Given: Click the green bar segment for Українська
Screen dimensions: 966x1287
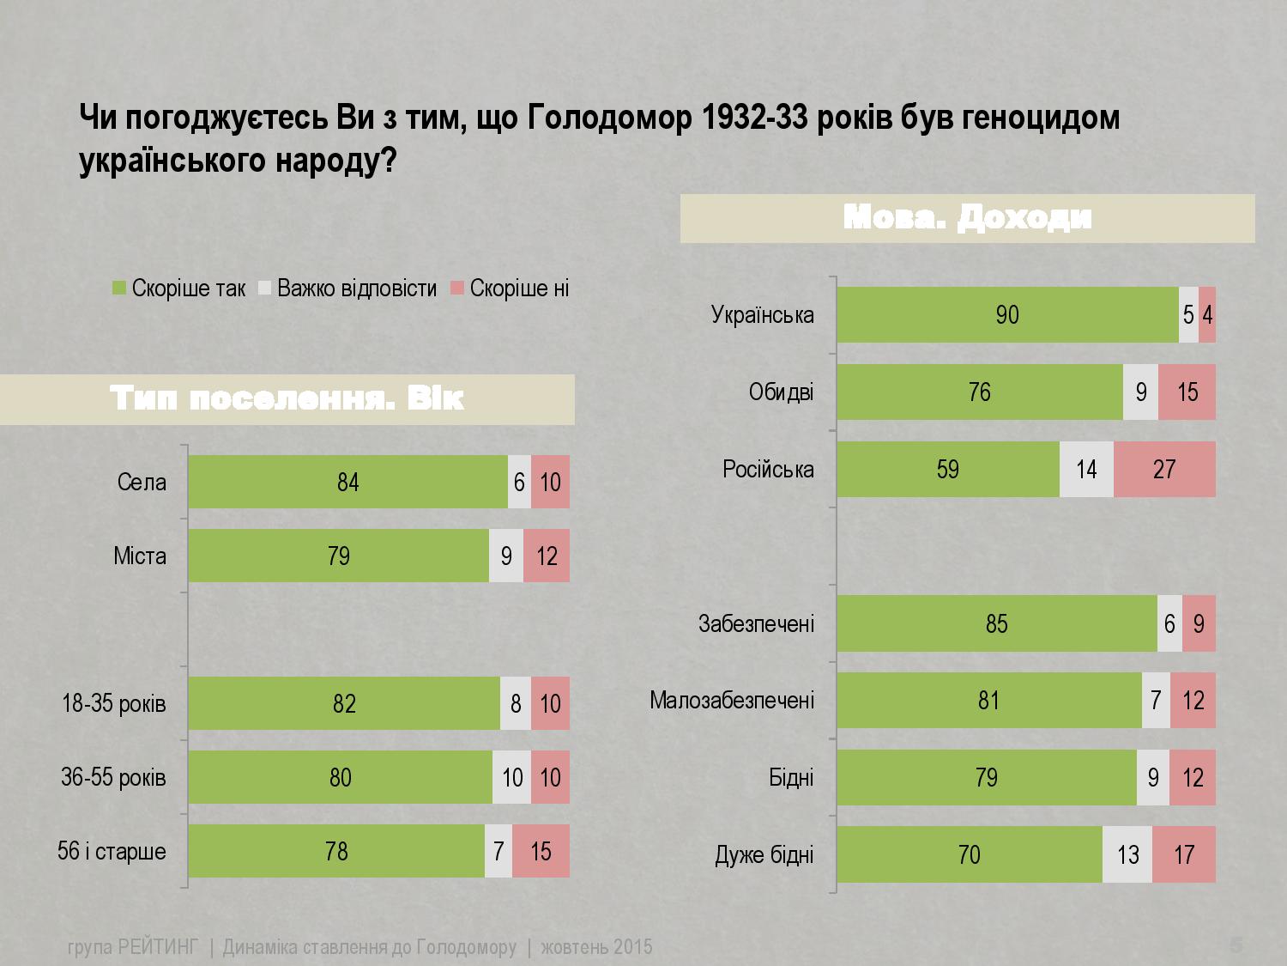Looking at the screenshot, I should click(x=1007, y=315).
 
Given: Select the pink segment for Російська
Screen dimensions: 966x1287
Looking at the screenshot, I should click(x=1164, y=470).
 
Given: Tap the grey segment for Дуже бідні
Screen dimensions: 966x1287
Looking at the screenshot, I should click(x=1127, y=855).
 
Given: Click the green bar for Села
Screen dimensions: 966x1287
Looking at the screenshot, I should click(x=347, y=483).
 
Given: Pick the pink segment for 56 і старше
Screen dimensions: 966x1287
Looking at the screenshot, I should click(x=541, y=852).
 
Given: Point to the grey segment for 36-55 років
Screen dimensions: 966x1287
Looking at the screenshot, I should click(x=512, y=778).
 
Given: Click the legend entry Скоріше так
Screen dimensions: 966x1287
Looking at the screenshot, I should click(x=179, y=289).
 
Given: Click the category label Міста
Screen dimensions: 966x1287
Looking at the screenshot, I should click(x=140, y=556).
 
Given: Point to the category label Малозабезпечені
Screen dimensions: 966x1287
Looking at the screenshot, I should click(x=732, y=701).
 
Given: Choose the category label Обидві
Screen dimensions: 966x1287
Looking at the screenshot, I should click(x=781, y=392).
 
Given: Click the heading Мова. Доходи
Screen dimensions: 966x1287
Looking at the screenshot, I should click(x=967, y=218).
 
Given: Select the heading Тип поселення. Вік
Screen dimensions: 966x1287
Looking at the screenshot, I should click(x=287, y=399).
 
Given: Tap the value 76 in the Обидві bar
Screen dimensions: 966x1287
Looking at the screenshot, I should click(x=979, y=392).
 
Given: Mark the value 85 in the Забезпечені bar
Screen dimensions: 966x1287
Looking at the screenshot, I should click(x=996, y=623).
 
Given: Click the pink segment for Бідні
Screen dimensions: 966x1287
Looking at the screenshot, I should click(x=1193, y=778).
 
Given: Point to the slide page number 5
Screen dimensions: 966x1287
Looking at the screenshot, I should click(x=1236, y=946).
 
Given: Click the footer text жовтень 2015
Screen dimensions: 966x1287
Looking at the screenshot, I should click(x=596, y=947).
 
